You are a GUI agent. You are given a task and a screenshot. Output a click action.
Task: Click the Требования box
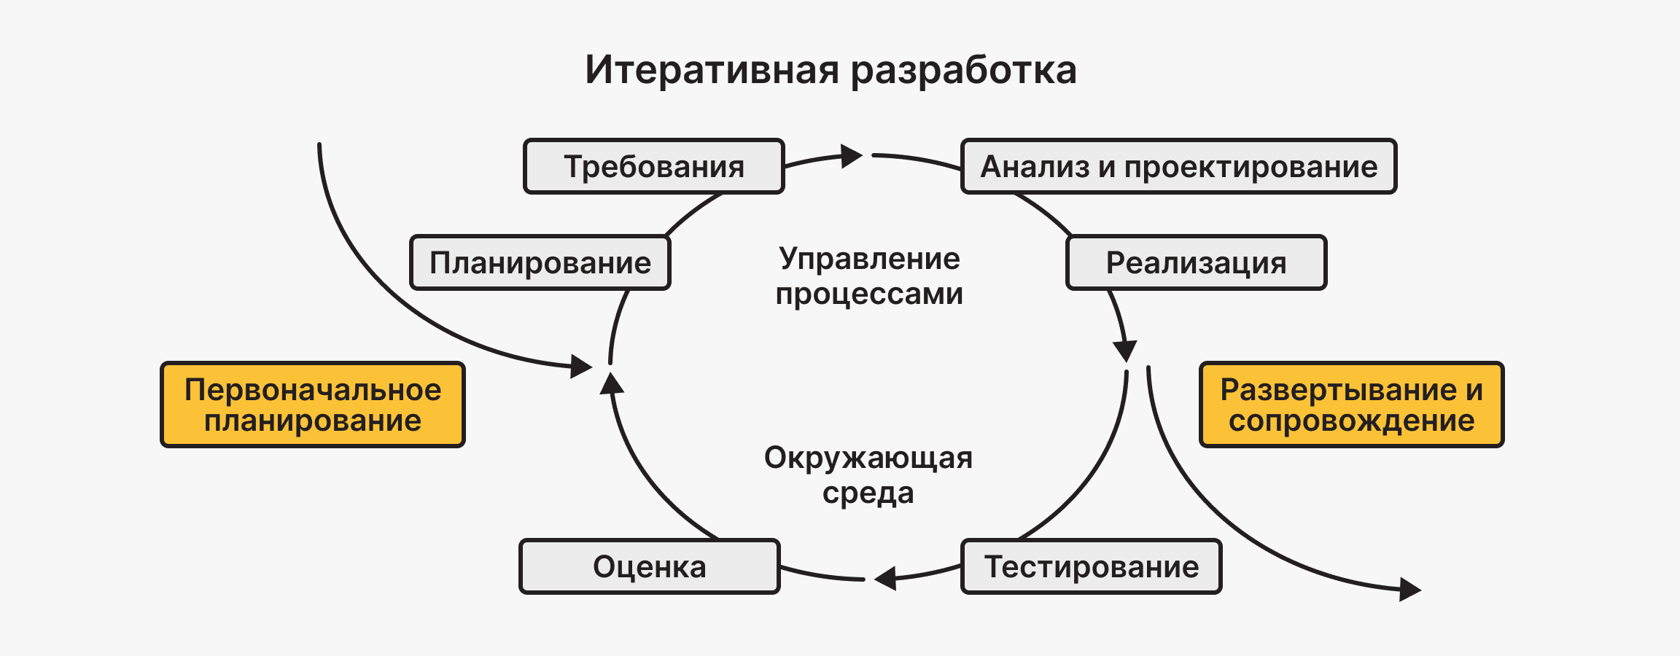pos(653,166)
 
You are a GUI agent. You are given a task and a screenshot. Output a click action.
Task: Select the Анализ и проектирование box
pos(1178,166)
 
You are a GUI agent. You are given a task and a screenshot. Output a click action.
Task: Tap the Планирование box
pos(540,262)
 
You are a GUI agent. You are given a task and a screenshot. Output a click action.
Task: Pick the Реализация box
pos(1196,262)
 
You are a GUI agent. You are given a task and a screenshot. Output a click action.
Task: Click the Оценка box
pos(649,566)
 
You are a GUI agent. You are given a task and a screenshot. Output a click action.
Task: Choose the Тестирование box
pos(1091,566)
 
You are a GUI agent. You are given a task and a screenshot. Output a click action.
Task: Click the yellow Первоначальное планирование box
pos(312,405)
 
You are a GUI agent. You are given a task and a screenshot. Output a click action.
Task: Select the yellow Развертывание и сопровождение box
pos(1351,405)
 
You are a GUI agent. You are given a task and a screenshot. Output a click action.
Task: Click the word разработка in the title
pos(963,70)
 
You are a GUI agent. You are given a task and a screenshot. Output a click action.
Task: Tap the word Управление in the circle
pos(869,259)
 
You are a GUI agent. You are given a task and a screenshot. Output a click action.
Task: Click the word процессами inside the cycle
pos(869,294)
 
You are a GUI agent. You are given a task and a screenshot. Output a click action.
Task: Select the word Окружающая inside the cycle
pos(868,458)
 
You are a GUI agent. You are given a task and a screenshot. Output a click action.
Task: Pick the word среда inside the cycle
pos(868,493)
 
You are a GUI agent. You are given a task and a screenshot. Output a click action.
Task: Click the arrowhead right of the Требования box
pos(851,156)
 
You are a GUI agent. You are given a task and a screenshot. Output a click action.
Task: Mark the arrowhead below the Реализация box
pos(1125,350)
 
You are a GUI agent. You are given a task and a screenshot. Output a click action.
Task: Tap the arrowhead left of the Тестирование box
pos(886,579)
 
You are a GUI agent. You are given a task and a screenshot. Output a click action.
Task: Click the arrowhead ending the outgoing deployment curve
pos(1410,589)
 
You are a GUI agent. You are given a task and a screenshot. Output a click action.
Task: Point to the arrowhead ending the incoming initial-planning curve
pos(581,366)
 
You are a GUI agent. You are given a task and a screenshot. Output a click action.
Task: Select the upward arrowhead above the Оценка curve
pos(611,383)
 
